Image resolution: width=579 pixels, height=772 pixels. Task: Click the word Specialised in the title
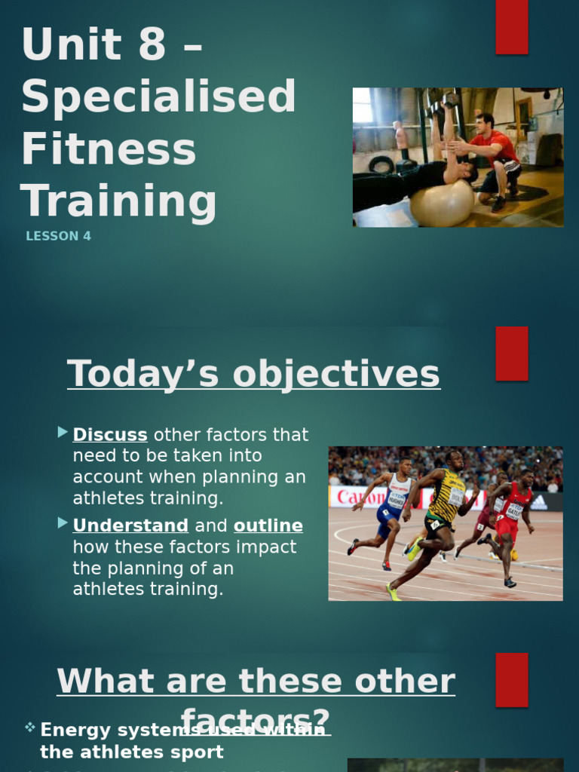point(158,96)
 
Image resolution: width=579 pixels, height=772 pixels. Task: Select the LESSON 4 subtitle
point(58,236)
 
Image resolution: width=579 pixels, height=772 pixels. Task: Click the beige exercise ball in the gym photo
point(442,203)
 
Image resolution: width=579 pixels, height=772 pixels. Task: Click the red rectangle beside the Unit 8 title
point(511,27)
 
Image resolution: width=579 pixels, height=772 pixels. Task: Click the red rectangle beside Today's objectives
point(511,353)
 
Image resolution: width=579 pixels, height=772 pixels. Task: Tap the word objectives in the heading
point(335,375)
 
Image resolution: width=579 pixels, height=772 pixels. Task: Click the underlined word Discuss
point(110,435)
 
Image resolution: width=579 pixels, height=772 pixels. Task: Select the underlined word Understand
point(130,525)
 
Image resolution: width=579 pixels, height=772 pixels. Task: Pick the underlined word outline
point(268,525)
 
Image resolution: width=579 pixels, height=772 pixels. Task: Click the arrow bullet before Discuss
point(63,432)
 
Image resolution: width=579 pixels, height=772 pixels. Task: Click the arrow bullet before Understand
point(63,522)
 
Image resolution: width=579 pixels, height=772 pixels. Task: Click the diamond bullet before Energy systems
point(29,728)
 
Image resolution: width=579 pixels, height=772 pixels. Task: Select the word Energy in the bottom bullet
point(74,730)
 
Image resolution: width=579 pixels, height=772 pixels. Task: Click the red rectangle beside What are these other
point(511,679)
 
